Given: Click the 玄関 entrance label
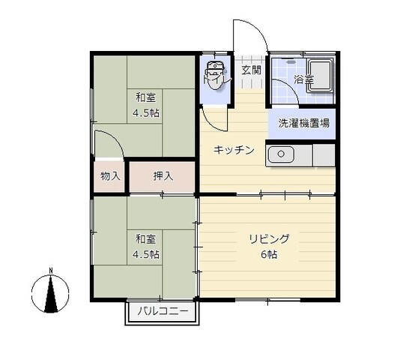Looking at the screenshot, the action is [251, 70].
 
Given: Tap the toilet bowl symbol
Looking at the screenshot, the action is [215, 75].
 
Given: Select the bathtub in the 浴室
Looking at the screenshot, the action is [320, 76].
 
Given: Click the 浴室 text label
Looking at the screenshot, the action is [303, 79].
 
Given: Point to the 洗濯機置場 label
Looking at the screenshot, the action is [303, 123].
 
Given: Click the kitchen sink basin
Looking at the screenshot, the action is [281, 154].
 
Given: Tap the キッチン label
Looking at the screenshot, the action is [234, 150].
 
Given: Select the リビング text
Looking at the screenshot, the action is [269, 238].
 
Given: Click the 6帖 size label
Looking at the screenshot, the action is [269, 254].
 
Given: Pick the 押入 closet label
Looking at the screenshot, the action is [163, 176].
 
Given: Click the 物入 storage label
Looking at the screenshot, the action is [110, 176].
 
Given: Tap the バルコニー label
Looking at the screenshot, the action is [163, 310].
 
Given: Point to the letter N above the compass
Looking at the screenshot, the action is [51, 271].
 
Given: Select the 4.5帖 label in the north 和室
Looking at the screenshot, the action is [146, 113].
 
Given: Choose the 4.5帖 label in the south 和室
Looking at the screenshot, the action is [146, 254].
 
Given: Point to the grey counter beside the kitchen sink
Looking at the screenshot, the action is [324, 155].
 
